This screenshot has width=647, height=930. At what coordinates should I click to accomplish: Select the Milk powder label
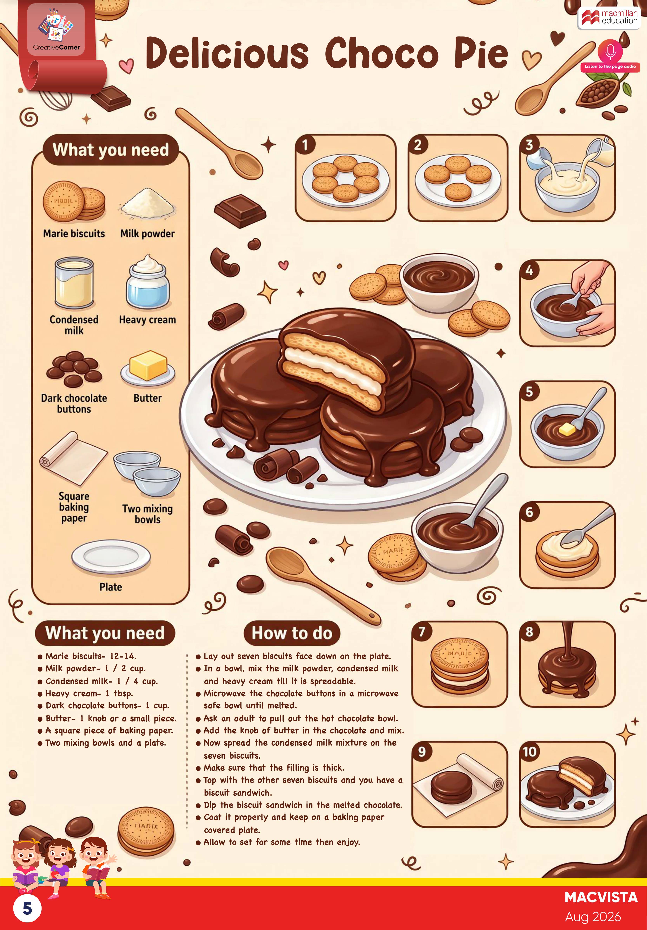[x=148, y=234]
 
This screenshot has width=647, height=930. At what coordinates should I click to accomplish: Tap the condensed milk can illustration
[x=74, y=284]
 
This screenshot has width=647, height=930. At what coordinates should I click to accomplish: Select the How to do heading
[x=292, y=633]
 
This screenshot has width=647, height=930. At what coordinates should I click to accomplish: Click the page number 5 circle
[x=27, y=908]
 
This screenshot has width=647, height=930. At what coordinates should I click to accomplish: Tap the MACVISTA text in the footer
[x=601, y=898]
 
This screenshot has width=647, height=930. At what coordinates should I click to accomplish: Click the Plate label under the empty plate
[x=111, y=587]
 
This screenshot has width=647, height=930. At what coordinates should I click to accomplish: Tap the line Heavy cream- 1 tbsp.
[x=89, y=693]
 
